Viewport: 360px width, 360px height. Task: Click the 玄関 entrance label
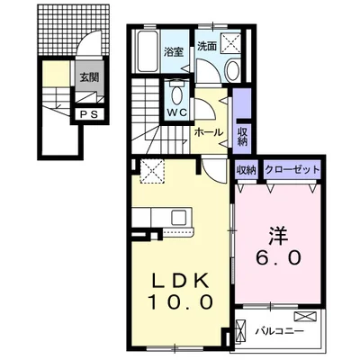[87, 76]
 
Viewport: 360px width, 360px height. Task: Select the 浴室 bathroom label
[174, 51]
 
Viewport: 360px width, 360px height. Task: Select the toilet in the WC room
[176, 94]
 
